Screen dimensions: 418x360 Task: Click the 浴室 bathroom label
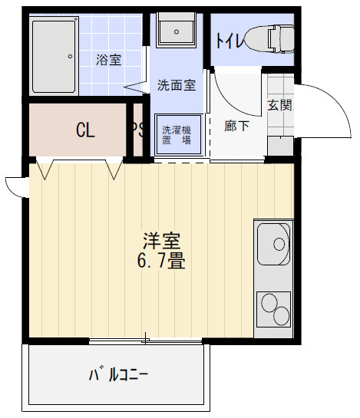tap(108, 59)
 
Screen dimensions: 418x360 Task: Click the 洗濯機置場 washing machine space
tap(176, 135)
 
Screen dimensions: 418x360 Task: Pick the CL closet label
tap(85, 130)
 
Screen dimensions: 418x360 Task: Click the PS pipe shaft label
tap(138, 130)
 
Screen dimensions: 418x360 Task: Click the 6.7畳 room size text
tap(160, 261)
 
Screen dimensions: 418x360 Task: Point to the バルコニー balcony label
tap(118, 375)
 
